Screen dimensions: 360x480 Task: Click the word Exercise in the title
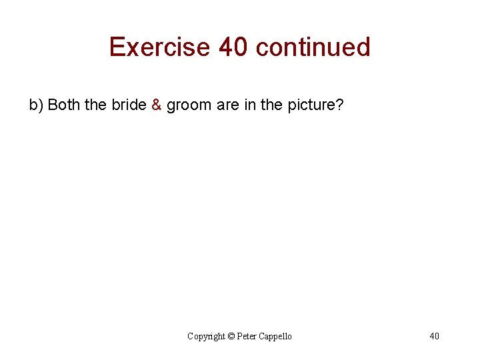click(x=160, y=47)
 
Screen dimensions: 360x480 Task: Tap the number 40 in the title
click(x=233, y=47)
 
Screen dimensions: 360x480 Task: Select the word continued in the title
click(x=313, y=47)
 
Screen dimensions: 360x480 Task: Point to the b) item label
click(x=36, y=105)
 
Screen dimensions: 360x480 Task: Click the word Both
click(x=65, y=105)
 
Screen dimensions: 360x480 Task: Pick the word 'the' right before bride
click(x=96, y=105)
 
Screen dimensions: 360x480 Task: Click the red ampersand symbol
click(x=156, y=105)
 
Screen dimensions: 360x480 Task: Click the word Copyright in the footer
click(x=206, y=336)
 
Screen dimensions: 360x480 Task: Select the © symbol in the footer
click(x=231, y=336)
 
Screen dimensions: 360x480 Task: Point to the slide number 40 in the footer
click(x=434, y=336)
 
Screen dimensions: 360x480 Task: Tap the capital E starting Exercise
click(x=117, y=47)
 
